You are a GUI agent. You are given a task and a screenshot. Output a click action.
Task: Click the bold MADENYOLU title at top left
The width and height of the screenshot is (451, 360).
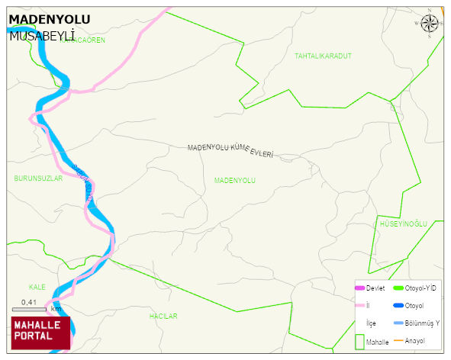49,19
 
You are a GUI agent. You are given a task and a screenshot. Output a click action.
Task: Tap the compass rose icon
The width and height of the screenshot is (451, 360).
430,24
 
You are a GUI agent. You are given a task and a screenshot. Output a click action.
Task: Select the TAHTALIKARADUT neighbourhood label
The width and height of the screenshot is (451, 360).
323,56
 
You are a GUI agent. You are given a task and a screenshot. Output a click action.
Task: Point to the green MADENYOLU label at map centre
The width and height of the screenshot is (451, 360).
234,181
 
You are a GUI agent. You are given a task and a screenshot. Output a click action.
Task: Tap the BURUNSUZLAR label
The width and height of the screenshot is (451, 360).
38,178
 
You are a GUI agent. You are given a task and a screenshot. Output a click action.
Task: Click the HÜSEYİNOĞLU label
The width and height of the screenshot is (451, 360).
403,223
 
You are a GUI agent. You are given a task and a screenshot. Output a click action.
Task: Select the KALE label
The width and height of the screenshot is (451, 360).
37,288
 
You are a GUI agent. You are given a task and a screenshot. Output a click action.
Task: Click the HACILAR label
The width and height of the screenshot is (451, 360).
163,316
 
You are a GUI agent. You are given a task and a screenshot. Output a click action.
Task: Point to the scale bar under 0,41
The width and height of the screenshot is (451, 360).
29,310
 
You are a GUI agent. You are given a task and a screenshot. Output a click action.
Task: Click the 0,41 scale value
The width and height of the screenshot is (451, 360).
29,302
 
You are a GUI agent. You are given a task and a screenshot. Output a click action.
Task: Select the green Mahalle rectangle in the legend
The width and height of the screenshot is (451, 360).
359,342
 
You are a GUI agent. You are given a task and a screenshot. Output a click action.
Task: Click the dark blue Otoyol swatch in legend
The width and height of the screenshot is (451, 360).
398,306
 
